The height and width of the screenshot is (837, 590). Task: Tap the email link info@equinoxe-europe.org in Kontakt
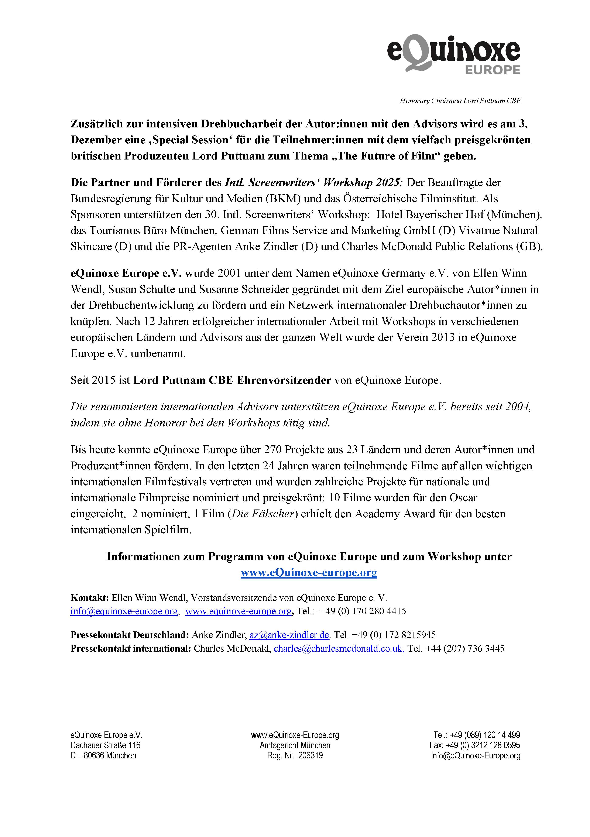124,611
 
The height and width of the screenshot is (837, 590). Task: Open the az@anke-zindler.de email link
289,635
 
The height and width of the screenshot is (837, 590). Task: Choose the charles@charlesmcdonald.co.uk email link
338,649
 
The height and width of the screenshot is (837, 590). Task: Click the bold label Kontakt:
90,598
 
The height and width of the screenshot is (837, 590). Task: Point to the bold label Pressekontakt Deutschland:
130,635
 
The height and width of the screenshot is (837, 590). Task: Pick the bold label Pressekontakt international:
131,649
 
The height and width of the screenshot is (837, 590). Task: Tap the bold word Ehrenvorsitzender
284,380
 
